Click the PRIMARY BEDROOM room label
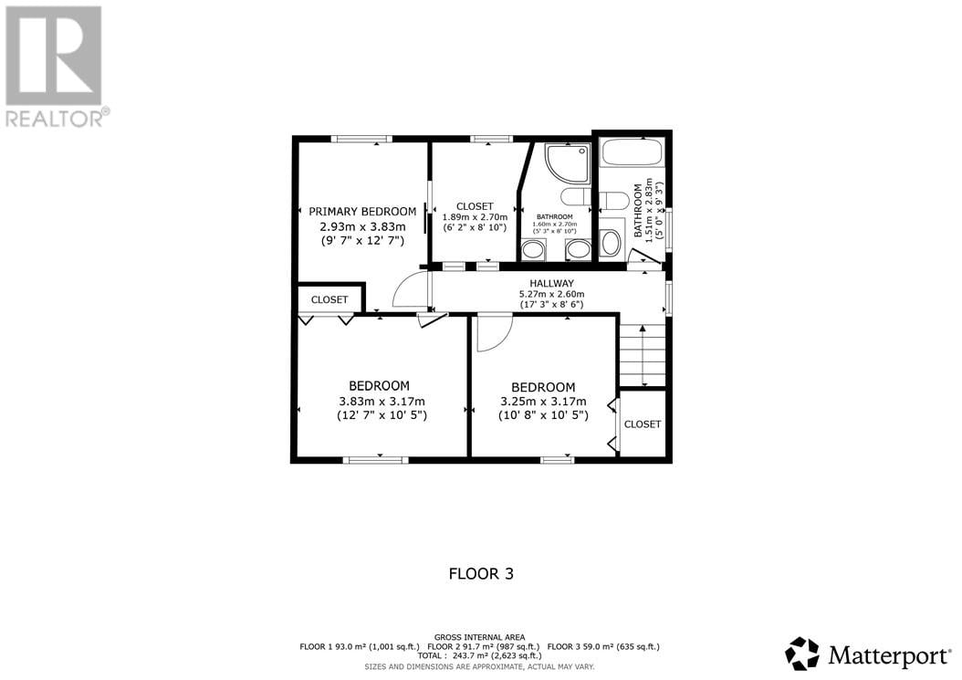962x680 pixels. [362, 212]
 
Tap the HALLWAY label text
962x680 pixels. [551, 284]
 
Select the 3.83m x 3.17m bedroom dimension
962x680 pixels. [382, 402]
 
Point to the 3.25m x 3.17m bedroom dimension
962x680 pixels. [543, 402]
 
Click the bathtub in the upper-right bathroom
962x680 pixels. [632, 152]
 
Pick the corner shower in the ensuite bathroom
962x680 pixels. [567, 164]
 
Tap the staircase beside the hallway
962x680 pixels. [643, 355]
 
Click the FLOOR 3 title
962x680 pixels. [481, 574]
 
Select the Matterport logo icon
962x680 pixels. [802, 654]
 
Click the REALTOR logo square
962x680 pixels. [53, 56]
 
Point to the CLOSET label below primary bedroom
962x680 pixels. [329, 299]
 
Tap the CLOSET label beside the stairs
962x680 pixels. [643, 424]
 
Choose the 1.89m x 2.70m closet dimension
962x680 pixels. [475, 217]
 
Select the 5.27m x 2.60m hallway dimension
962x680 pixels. [551, 294]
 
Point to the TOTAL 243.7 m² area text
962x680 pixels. [480, 655]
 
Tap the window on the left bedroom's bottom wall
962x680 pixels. [375, 459]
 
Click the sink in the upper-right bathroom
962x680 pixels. [611, 243]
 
